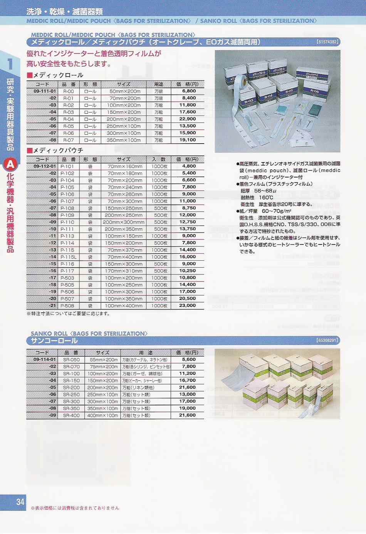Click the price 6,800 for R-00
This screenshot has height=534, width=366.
tap(189, 91)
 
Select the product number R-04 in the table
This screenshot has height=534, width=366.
tap(69, 119)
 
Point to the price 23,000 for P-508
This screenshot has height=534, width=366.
tap(187, 306)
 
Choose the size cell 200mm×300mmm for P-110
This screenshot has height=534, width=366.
tap(123, 222)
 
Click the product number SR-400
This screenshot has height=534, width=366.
tap(71, 415)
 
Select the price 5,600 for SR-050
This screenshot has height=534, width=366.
tap(189, 360)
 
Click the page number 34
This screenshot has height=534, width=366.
tap(20, 502)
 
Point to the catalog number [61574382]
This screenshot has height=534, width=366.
tap(327, 42)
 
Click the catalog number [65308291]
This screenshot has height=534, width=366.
tap(327, 341)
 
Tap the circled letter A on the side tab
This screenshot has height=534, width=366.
tap(10, 165)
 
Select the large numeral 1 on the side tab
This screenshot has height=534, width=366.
tap(10, 64)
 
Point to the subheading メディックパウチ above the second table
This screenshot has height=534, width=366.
tap(58, 150)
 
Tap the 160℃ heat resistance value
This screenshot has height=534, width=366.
tap(266, 198)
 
